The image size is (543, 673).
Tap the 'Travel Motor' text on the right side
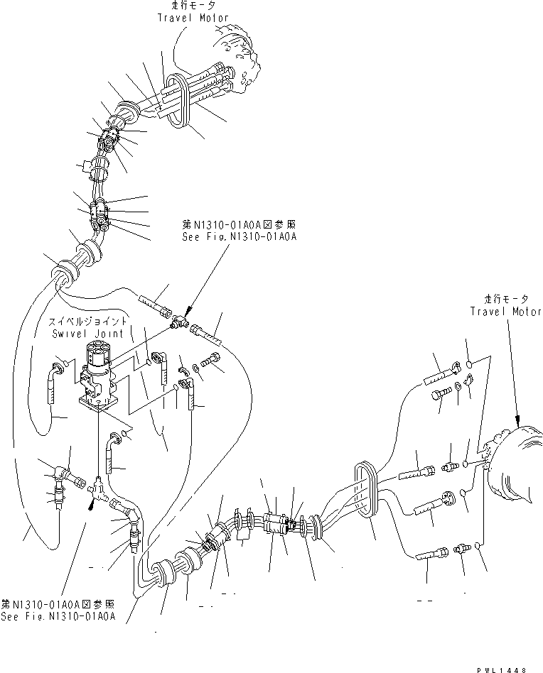point(505,311)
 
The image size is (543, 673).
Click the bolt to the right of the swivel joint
point(213,360)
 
